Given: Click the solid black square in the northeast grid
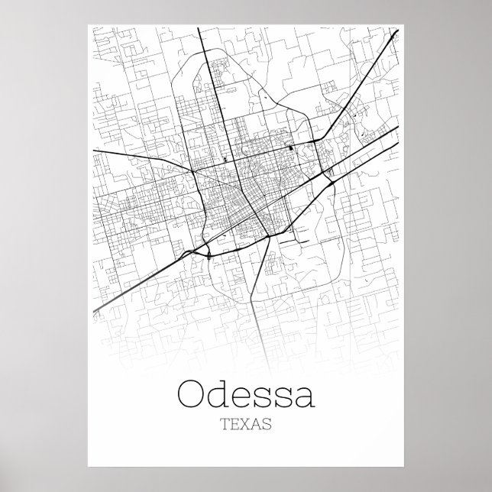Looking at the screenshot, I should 290,147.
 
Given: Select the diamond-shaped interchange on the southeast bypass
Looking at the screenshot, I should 329,180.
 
